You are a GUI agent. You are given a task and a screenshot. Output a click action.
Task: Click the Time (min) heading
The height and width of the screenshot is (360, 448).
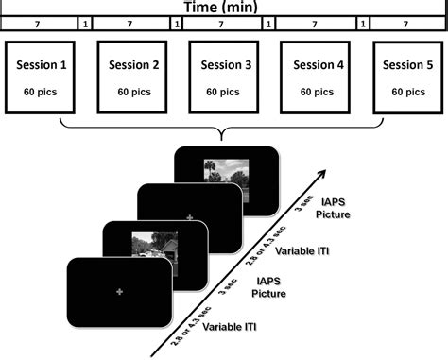point(223,7)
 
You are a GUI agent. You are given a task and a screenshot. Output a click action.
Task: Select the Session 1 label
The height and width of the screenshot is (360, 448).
point(43,65)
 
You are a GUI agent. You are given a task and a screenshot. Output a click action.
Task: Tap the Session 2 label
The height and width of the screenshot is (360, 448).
point(133,65)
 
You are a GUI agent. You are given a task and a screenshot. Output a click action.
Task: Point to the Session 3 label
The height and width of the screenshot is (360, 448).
point(226,65)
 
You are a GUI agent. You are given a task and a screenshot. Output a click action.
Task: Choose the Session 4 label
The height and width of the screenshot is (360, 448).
point(319,65)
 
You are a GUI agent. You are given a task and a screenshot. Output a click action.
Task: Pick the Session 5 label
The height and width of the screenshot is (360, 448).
point(408,65)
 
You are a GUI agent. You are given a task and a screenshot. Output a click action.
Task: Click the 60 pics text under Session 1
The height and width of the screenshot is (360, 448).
point(43,92)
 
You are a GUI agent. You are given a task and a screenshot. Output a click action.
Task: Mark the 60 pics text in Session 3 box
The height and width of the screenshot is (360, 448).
point(226,92)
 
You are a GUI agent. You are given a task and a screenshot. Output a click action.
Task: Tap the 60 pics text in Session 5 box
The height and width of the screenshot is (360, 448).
point(408,92)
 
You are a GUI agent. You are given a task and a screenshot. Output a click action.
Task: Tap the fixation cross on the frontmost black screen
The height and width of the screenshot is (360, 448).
point(119,297)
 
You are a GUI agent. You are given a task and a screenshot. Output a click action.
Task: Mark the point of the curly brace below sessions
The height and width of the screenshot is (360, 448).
point(219,136)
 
